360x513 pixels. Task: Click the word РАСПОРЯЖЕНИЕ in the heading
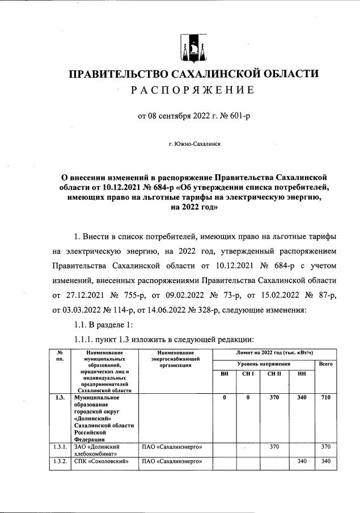(193, 90)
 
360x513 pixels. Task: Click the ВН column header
(225, 374)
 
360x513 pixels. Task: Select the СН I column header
(247, 374)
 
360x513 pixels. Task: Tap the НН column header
(301, 374)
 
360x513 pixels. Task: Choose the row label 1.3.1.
(60, 448)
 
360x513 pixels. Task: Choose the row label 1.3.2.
(60, 461)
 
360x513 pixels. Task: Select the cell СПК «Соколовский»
(103, 461)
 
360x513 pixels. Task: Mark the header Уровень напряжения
(264, 363)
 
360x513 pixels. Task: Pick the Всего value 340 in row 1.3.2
(325, 461)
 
